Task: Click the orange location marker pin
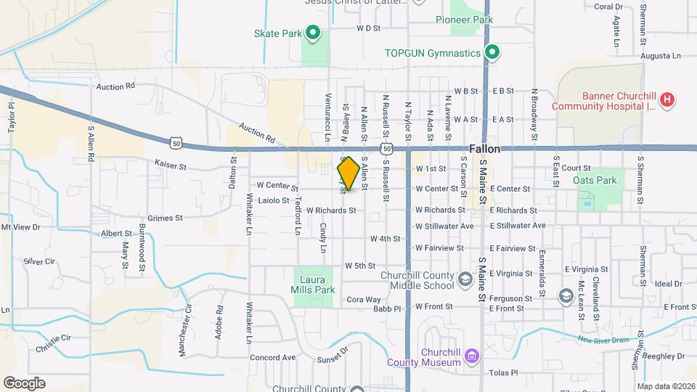348,173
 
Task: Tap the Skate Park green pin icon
313,32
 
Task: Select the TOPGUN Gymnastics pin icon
492,52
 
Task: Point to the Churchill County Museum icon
473,356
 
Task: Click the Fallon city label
484,148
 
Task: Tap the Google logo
24,383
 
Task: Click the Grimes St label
165,218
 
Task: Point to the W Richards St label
331,211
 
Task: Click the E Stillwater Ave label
517,226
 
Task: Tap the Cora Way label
363,299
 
